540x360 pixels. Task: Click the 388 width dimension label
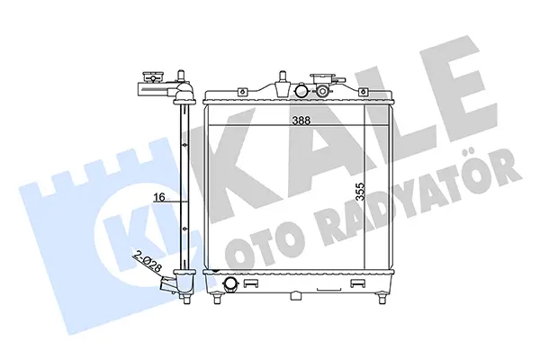point(301,121)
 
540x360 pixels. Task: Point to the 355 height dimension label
point(360,192)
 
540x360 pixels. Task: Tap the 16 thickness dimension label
point(159,197)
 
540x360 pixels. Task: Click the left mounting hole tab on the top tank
point(242,92)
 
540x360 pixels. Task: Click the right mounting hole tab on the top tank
point(363,92)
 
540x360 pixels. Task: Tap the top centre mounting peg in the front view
point(283,84)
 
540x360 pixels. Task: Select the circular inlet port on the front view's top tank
point(301,91)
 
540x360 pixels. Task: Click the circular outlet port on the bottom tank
point(230,283)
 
